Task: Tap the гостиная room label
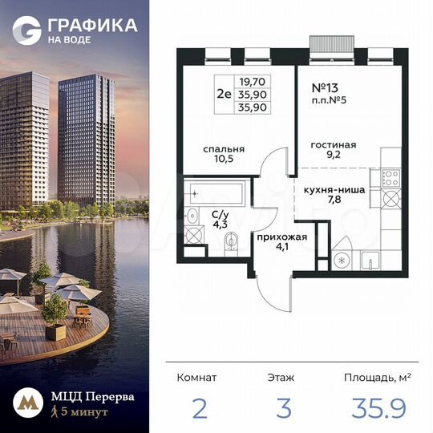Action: coord(333,145)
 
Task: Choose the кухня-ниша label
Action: coord(335,190)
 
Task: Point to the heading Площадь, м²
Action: coord(377,376)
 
